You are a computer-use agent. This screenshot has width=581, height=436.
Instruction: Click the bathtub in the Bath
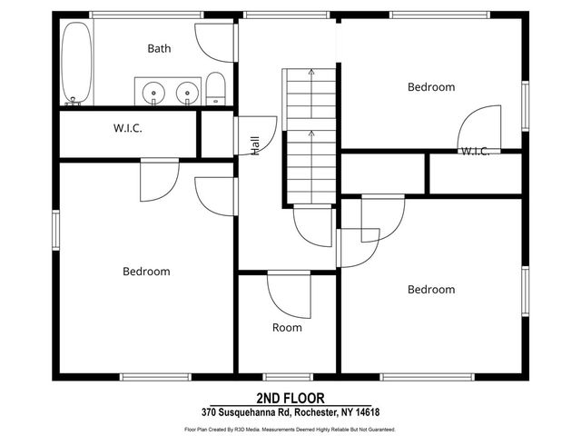76,64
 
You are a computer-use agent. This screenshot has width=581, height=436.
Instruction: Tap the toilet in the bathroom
216,89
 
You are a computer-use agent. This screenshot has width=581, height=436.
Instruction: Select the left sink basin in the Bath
153,93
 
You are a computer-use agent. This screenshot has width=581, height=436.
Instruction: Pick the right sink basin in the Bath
188,93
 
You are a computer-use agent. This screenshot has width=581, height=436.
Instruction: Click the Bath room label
159,48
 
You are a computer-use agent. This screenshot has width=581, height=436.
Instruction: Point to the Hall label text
255,145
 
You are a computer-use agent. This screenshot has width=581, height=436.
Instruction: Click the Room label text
287,328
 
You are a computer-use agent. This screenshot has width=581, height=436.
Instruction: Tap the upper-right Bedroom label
431,87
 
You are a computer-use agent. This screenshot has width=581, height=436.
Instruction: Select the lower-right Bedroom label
431,290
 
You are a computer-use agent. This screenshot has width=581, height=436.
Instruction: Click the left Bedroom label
146,272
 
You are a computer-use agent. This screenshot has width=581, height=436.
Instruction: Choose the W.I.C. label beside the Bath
128,128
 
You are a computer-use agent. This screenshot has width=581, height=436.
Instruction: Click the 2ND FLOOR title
290,398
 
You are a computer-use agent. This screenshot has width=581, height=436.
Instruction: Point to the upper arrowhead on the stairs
310,72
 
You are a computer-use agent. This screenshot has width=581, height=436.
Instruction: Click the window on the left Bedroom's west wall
55,230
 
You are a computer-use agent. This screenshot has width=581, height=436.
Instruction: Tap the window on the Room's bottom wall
288,377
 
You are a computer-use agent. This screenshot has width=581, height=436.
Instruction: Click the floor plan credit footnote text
290,430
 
